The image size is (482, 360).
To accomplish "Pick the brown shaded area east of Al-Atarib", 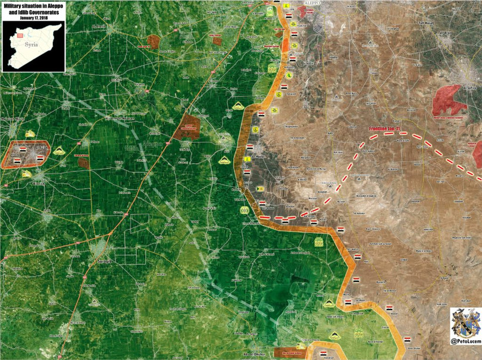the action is [154, 40].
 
